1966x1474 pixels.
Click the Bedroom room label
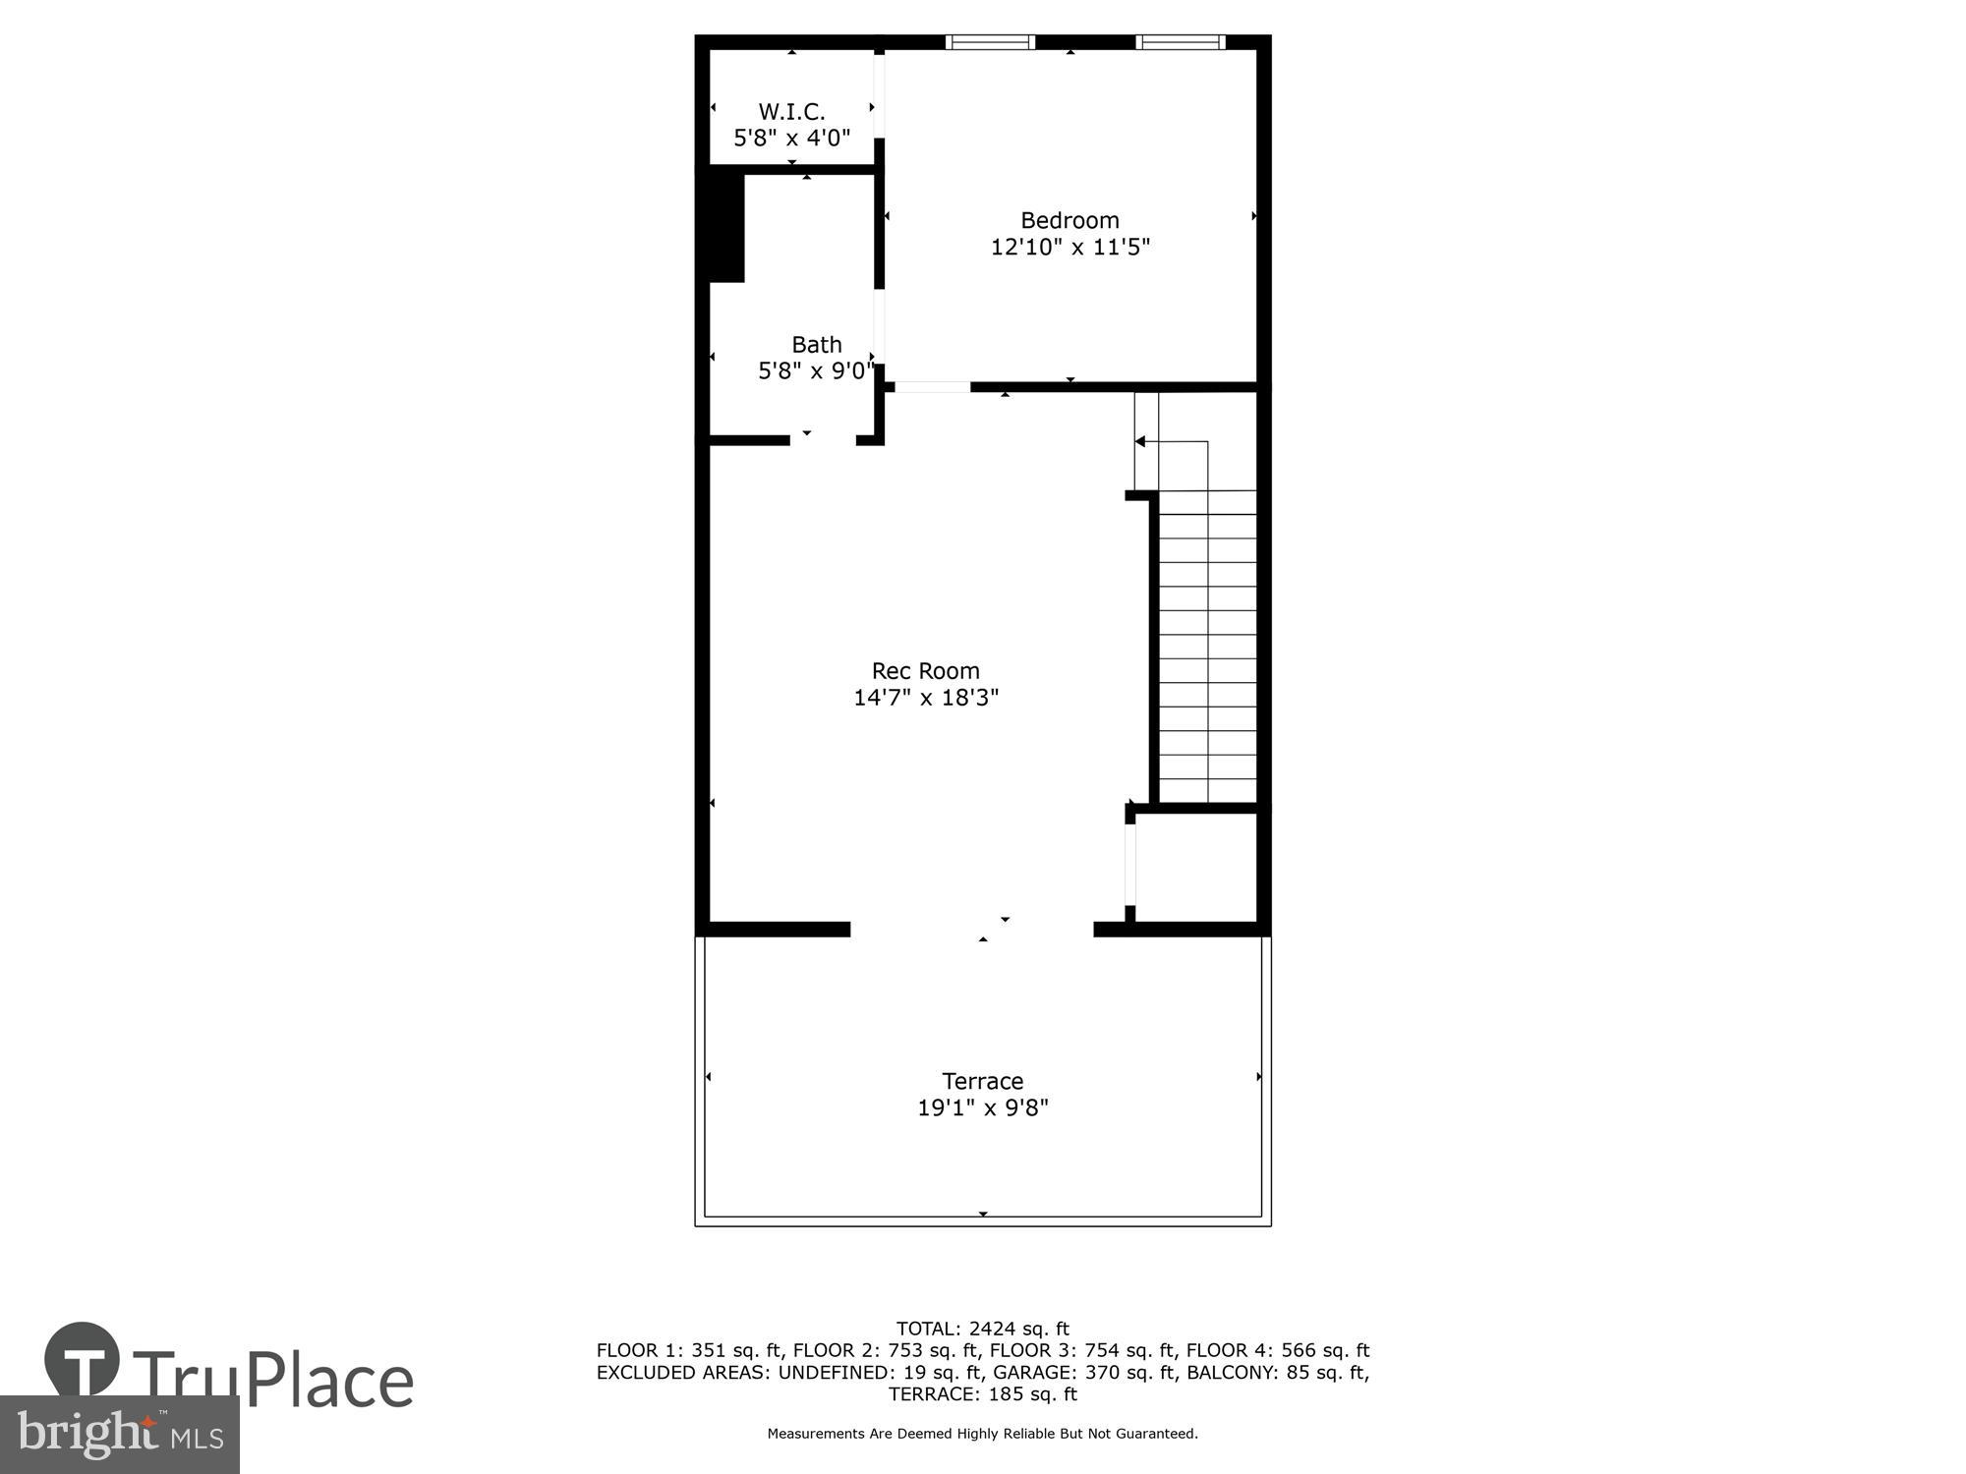(x=1070, y=220)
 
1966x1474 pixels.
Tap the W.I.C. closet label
(x=791, y=112)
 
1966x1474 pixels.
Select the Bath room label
(x=817, y=345)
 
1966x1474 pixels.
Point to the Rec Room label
(x=926, y=671)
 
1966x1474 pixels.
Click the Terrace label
(x=983, y=1081)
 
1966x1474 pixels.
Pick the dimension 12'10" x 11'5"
(x=1070, y=247)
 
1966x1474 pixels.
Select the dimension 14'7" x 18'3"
(x=926, y=698)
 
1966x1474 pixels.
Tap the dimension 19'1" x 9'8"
(x=983, y=1107)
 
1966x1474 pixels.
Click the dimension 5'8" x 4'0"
(x=791, y=138)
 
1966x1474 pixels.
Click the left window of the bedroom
(x=990, y=42)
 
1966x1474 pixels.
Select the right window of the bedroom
(x=1180, y=42)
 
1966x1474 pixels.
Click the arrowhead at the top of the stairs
(x=1140, y=442)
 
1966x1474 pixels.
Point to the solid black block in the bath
(x=726, y=228)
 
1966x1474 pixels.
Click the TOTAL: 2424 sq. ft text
(x=983, y=1330)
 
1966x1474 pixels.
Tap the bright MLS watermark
(x=120, y=1435)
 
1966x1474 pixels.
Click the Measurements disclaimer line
(x=983, y=1434)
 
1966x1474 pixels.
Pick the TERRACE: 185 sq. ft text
(x=983, y=1394)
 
